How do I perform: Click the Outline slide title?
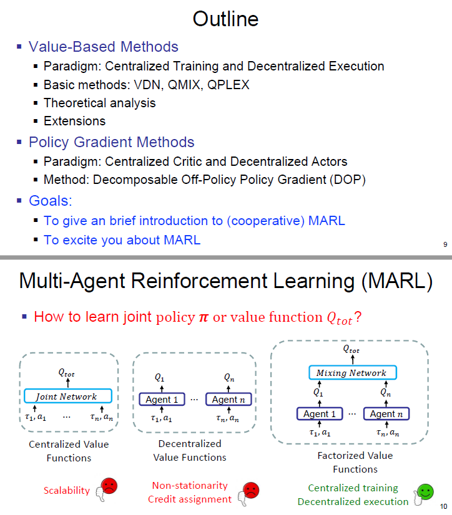[x=225, y=19]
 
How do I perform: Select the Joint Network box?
[x=67, y=397]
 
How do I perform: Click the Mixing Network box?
[x=353, y=373]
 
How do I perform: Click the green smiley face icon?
[x=425, y=492]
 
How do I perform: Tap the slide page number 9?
[x=445, y=244]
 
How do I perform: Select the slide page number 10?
[x=444, y=506]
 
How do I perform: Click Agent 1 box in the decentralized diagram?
[x=162, y=400]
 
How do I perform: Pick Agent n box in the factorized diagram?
[x=386, y=414]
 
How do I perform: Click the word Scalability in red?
[x=67, y=490]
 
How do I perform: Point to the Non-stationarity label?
[x=190, y=485]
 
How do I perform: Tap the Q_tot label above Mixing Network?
[x=351, y=349]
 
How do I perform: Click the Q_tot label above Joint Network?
[x=66, y=373]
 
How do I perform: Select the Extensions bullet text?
[x=74, y=121]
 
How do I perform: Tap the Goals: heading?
[x=51, y=201]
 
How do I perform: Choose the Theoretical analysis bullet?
[x=99, y=103]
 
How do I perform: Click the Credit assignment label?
[x=190, y=499]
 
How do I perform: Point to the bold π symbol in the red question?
[x=203, y=317]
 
